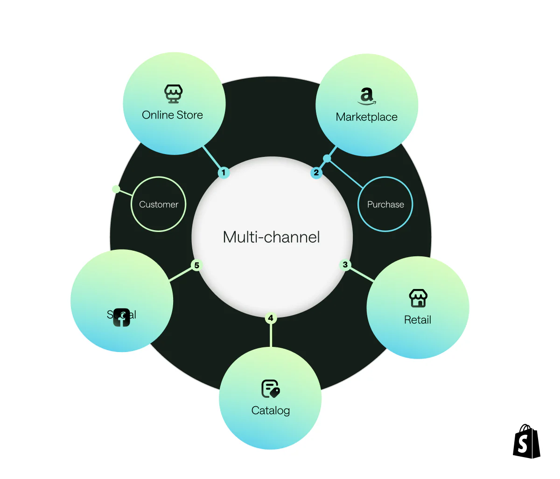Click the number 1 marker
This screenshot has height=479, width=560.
(x=224, y=173)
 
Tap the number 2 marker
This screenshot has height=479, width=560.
(x=316, y=173)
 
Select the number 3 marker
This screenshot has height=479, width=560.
(x=345, y=265)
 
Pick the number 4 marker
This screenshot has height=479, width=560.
(x=271, y=318)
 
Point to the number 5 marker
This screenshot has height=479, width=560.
(x=196, y=265)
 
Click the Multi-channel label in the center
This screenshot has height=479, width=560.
(x=271, y=237)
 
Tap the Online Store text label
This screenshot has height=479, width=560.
(x=172, y=115)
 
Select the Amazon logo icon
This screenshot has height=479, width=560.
(x=367, y=96)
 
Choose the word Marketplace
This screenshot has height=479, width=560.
(x=367, y=117)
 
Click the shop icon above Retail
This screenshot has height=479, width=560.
(x=418, y=298)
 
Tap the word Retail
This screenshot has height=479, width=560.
(x=418, y=320)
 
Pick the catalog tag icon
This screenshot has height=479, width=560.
(x=270, y=388)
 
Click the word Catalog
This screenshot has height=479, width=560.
(x=271, y=410)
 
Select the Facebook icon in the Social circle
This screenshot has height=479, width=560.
(x=121, y=317)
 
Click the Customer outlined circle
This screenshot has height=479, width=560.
(x=159, y=204)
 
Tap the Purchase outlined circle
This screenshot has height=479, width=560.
(x=385, y=204)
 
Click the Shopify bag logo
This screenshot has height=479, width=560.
(x=526, y=441)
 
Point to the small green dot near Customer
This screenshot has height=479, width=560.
(x=116, y=189)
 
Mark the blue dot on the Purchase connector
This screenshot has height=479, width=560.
(x=327, y=159)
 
